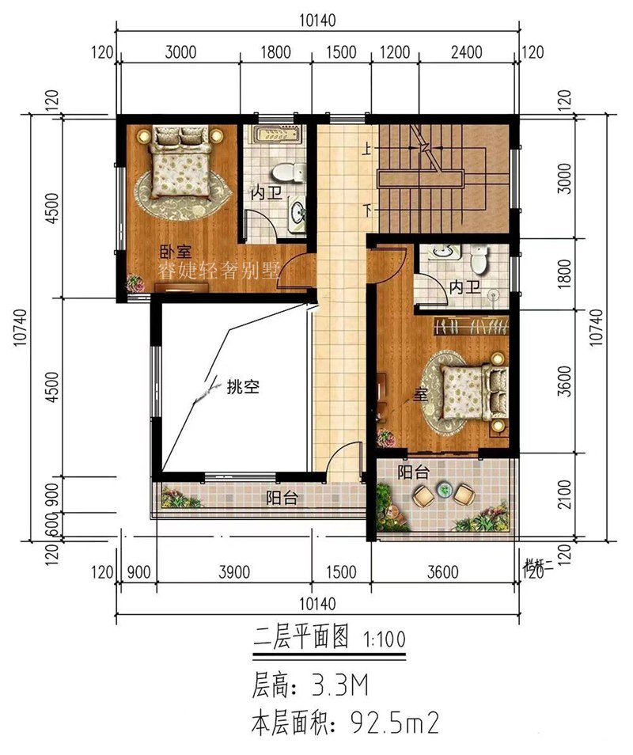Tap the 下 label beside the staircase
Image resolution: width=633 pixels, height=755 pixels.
pos(367,211)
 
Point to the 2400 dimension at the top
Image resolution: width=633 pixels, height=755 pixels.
pos(466,54)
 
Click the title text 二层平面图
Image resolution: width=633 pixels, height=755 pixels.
pos(299,639)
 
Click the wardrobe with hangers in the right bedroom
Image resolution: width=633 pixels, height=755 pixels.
pos(472,325)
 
